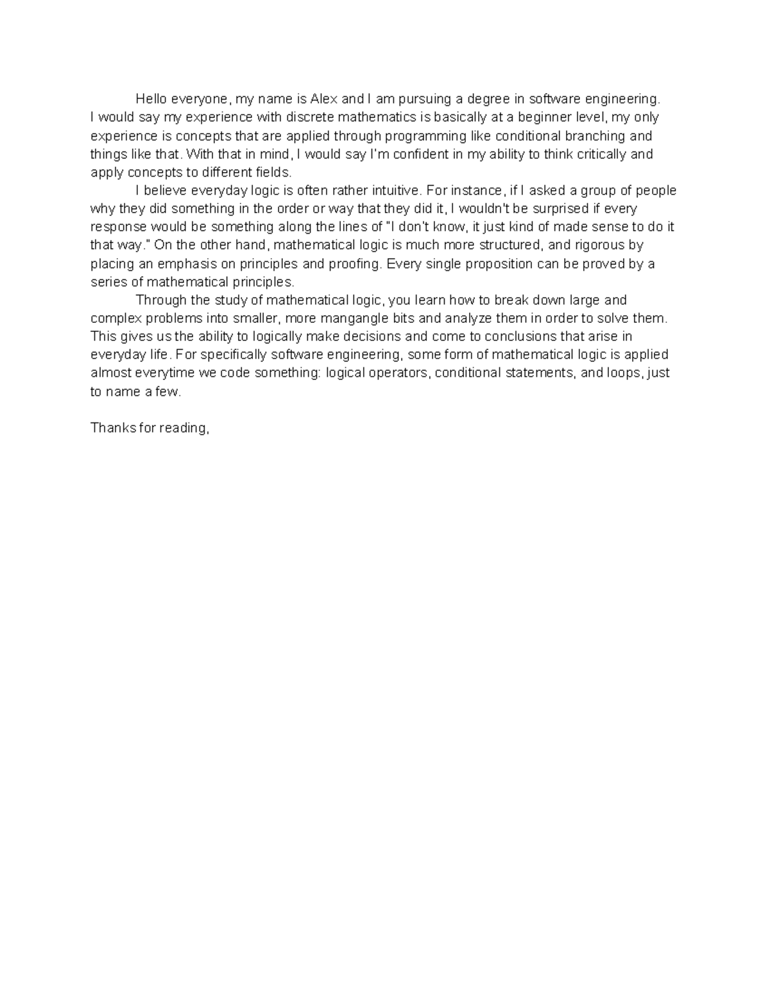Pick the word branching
coord(590,136)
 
